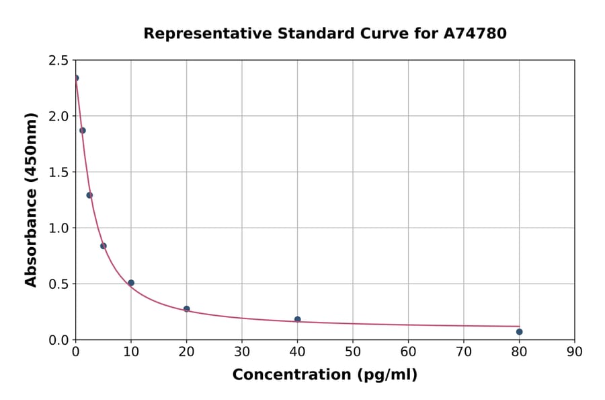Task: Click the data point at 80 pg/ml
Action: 519,331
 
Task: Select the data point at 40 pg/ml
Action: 297,319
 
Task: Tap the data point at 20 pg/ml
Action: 186,309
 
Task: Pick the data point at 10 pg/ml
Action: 131,283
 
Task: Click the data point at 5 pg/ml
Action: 104,246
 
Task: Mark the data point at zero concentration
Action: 76,78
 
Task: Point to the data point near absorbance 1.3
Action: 89,195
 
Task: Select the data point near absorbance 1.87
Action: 83,131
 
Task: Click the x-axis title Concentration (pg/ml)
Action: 325,375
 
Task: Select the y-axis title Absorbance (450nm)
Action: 31,199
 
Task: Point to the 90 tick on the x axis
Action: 574,352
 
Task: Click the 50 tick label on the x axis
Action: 353,352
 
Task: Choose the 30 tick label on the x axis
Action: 242,352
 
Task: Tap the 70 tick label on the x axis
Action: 463,352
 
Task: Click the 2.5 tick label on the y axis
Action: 58,61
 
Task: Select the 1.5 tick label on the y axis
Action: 58,172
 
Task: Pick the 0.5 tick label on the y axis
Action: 58,284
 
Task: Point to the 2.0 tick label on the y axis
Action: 58,116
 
